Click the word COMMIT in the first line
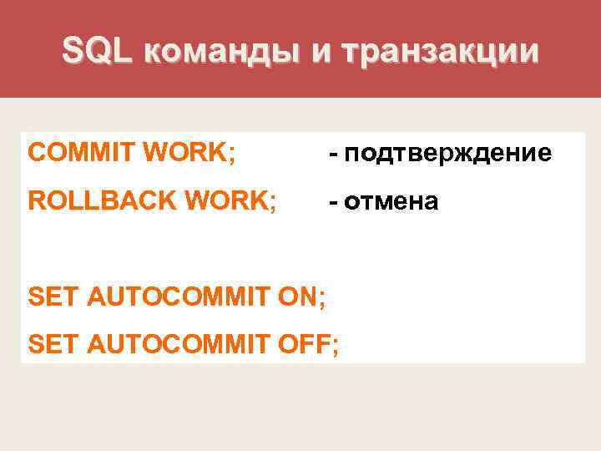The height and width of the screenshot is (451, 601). [x=81, y=153]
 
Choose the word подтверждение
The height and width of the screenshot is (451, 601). [x=447, y=154]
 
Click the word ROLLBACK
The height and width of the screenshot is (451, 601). [x=105, y=201]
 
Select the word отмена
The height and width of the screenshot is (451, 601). [x=391, y=201]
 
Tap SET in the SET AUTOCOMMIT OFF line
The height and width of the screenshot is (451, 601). [x=51, y=342]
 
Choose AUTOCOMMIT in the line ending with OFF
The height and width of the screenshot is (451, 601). [x=175, y=342]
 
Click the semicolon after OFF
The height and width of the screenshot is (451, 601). [x=336, y=345]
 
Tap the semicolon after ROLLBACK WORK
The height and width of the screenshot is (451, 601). [x=273, y=204]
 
